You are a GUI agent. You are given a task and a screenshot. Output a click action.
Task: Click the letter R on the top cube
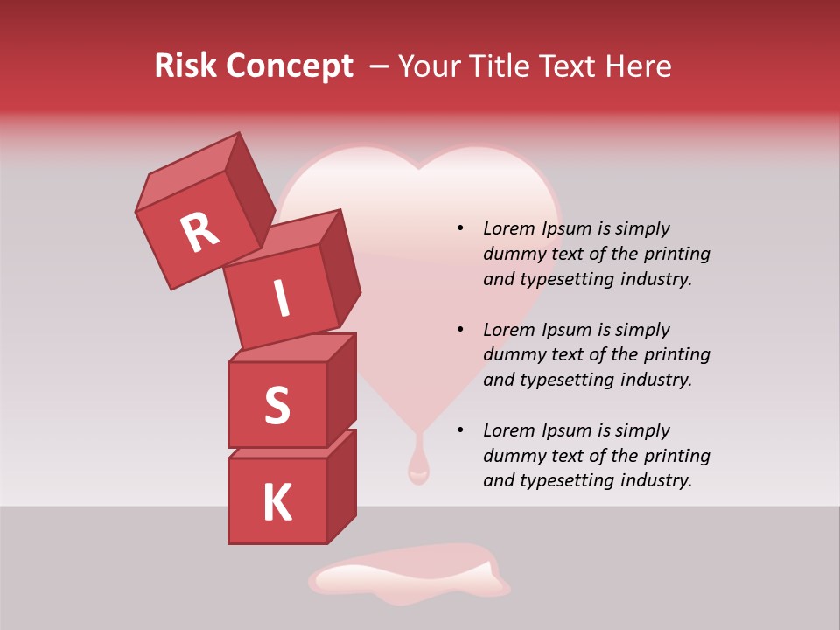click(199, 232)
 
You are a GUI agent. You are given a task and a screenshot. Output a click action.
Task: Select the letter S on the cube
click(276, 405)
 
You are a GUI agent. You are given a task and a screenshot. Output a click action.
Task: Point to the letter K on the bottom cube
click(276, 503)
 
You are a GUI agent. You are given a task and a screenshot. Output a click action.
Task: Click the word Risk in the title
click(187, 66)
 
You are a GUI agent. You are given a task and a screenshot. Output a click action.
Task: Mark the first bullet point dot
click(460, 229)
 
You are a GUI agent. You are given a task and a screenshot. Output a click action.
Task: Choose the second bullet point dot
click(460, 331)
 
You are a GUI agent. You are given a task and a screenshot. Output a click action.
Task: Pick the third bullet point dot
click(460, 431)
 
